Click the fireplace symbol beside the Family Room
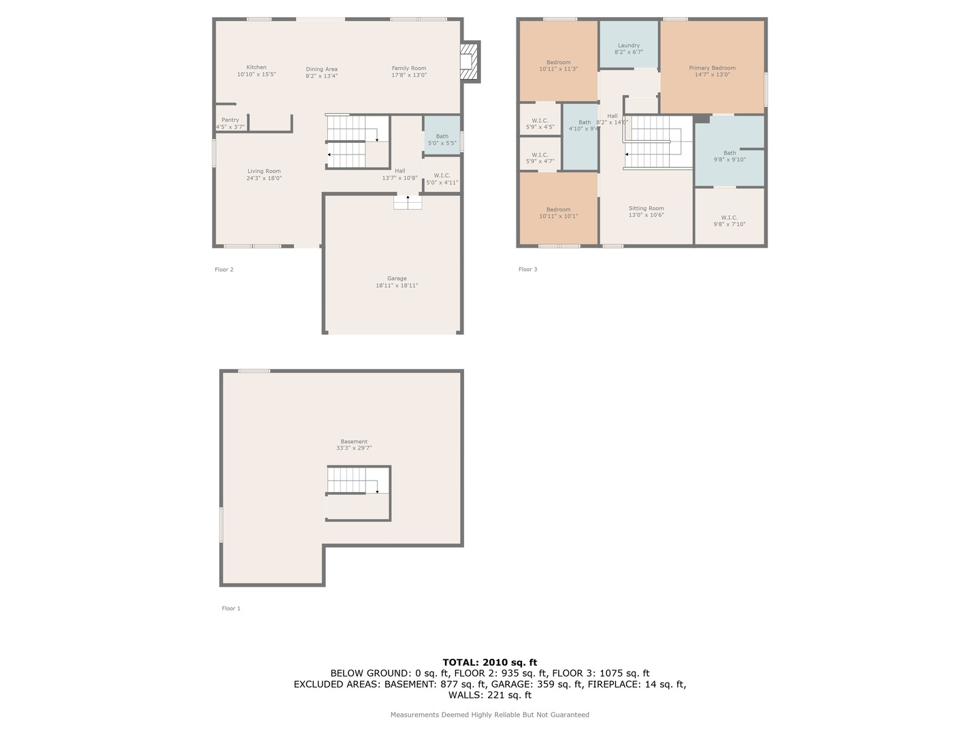(x=470, y=61)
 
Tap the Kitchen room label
(x=257, y=67)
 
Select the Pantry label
(x=231, y=120)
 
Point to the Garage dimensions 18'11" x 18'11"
(x=397, y=286)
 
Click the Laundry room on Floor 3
(x=629, y=45)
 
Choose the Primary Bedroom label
(x=712, y=68)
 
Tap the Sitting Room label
(x=646, y=208)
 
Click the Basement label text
(x=354, y=442)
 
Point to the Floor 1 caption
(x=231, y=608)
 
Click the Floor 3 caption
(x=527, y=269)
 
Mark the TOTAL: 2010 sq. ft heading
(x=490, y=662)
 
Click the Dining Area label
(x=321, y=69)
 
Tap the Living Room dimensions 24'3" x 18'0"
(x=264, y=178)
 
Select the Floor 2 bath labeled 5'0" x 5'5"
(x=442, y=135)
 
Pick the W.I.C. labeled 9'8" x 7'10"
(x=730, y=216)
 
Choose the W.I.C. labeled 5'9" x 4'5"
(x=540, y=120)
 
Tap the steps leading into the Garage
(x=408, y=202)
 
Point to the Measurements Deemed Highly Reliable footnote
(x=490, y=715)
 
